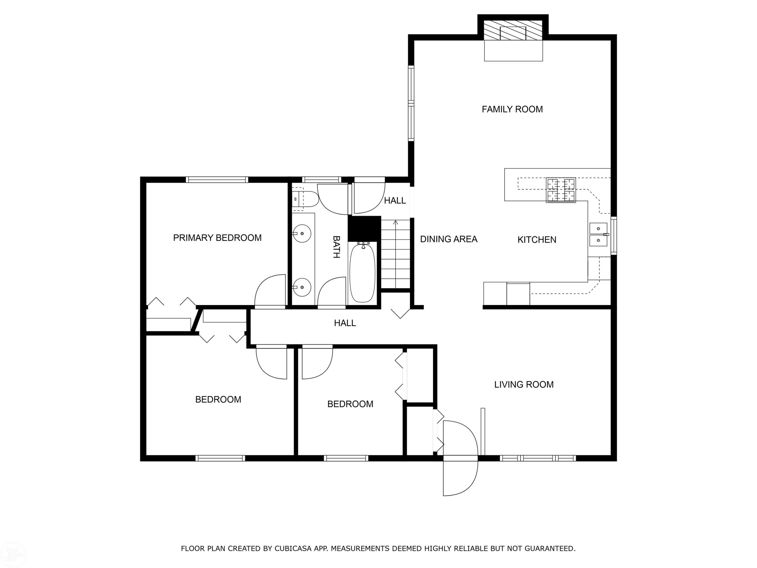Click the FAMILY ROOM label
(512, 109)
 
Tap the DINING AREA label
(449, 239)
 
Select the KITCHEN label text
(537, 240)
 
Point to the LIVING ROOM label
(524, 384)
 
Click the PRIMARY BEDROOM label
(217, 238)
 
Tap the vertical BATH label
(336, 246)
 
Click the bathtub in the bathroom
(362, 272)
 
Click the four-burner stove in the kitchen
(561, 190)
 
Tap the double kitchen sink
(598, 235)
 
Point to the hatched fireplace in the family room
(513, 30)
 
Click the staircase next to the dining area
(396, 254)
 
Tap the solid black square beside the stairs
(364, 228)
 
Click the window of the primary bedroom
(217, 179)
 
